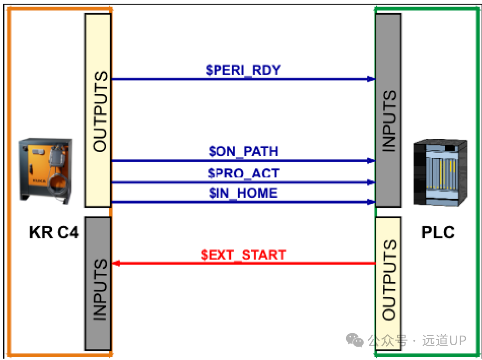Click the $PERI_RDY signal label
click(x=243, y=70)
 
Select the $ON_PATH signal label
click(x=243, y=151)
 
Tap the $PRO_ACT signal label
click(x=243, y=173)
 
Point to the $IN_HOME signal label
click(x=243, y=193)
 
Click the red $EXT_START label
click(x=243, y=255)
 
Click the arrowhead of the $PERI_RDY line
click(x=371, y=79)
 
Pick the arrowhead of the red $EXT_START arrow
click(x=116, y=263)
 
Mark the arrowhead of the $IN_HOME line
click(x=371, y=202)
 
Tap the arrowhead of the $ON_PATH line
click(x=371, y=160)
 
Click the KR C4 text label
click(x=54, y=232)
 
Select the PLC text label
click(x=438, y=232)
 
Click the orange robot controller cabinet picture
click(x=46, y=171)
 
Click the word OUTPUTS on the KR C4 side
click(x=100, y=111)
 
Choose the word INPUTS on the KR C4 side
click(x=100, y=290)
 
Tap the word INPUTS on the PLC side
click(x=389, y=121)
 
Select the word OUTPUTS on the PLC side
click(x=389, y=280)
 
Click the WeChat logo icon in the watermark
click(x=355, y=340)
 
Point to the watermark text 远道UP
click(x=444, y=340)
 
